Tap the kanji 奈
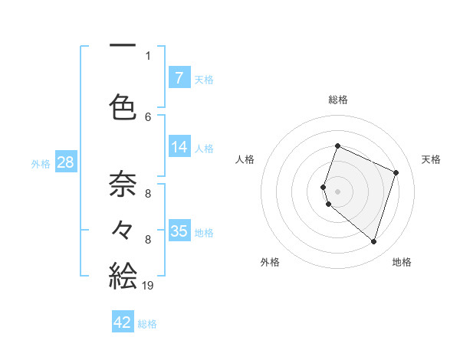click(123, 184)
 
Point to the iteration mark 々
click(123, 229)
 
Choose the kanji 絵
click(123, 275)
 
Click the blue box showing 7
click(179, 77)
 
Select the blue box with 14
click(179, 148)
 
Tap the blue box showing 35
click(179, 231)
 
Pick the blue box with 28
click(65, 163)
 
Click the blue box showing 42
click(123, 322)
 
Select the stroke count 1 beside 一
click(148, 55)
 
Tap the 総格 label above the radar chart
click(337, 100)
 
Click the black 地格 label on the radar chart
click(402, 262)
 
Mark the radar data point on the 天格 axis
click(396, 172)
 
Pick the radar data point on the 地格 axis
click(373, 242)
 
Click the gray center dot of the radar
click(337, 191)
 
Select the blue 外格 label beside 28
click(41, 164)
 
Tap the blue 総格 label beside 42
click(147, 324)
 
